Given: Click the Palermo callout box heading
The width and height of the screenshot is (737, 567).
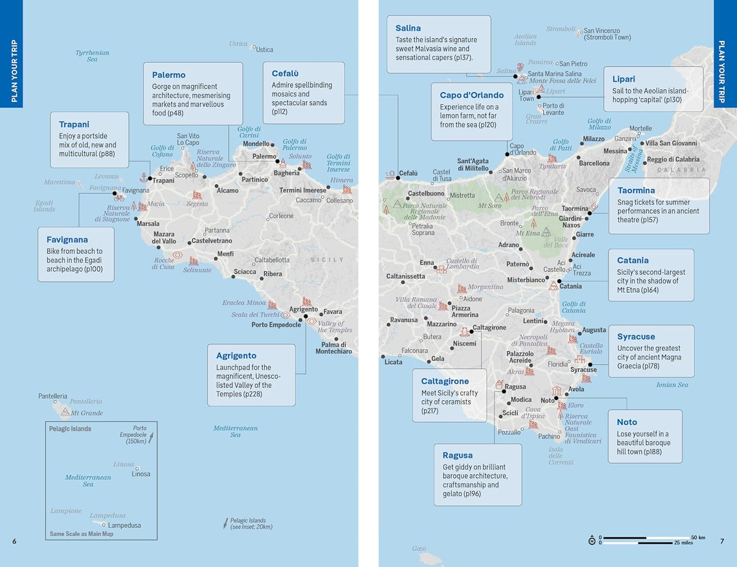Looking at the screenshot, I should click(x=168, y=75).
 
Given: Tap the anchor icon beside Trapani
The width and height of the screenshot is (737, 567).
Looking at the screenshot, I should click(x=144, y=177).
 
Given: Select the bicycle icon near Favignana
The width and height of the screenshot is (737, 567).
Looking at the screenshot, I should click(x=119, y=198).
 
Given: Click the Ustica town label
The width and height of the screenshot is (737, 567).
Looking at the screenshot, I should click(x=264, y=49).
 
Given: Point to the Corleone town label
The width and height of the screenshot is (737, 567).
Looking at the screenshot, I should click(x=281, y=216).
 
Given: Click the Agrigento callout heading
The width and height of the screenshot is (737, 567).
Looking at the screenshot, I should click(x=236, y=355).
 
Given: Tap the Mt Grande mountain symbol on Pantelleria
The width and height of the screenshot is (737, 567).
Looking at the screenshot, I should click(x=65, y=412).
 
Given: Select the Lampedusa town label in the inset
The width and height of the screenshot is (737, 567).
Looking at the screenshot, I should click(x=124, y=525).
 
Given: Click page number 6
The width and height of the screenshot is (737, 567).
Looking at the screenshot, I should click(x=14, y=541).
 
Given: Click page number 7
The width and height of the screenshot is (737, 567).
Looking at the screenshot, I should click(x=722, y=541).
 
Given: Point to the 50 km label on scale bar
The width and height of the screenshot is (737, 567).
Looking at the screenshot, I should click(x=698, y=537).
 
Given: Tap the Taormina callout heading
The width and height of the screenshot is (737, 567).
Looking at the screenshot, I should click(x=636, y=190).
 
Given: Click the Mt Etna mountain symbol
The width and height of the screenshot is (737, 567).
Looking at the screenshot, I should click(x=546, y=233).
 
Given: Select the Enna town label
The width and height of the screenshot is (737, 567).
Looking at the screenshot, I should click(x=427, y=263).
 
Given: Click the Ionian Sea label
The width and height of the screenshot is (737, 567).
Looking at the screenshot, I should click(x=672, y=385).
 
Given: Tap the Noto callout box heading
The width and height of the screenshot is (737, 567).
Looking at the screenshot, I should click(x=626, y=422).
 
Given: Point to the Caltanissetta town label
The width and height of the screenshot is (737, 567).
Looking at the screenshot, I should click(x=405, y=276).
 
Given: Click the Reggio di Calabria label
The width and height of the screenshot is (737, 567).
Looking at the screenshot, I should click(x=673, y=160).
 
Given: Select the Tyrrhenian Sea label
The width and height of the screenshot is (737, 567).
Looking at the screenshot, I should click(x=92, y=56).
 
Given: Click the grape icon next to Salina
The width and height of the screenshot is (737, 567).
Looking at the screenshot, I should click(x=520, y=67).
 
